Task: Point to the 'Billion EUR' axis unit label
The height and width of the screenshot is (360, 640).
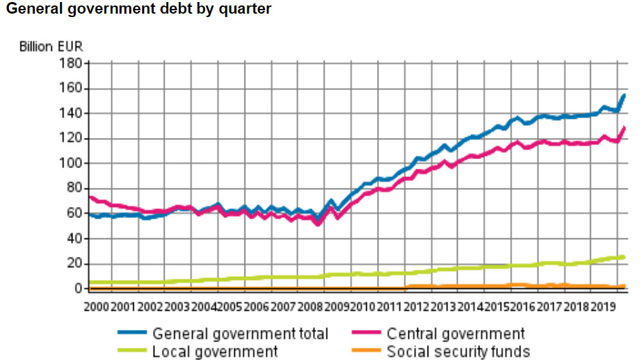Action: tap(51, 47)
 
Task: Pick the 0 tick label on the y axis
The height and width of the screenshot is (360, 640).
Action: tap(79, 288)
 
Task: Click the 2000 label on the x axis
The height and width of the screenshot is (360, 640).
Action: tap(97, 305)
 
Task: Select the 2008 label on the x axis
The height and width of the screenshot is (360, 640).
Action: tap(310, 305)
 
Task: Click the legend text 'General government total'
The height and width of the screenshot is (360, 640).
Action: tap(240, 334)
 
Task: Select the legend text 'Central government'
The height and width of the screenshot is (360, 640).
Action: tap(456, 334)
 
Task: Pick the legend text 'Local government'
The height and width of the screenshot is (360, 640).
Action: tap(215, 351)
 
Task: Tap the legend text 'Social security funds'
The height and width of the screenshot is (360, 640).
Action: tap(458, 351)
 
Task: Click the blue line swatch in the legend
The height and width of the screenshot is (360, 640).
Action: tap(133, 334)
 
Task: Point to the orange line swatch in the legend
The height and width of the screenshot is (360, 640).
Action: tap(367, 351)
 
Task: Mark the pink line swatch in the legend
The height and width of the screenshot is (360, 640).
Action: tap(367, 334)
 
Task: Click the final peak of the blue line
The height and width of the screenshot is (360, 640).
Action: tap(624, 95)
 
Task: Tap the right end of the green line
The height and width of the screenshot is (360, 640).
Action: tap(624, 257)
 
